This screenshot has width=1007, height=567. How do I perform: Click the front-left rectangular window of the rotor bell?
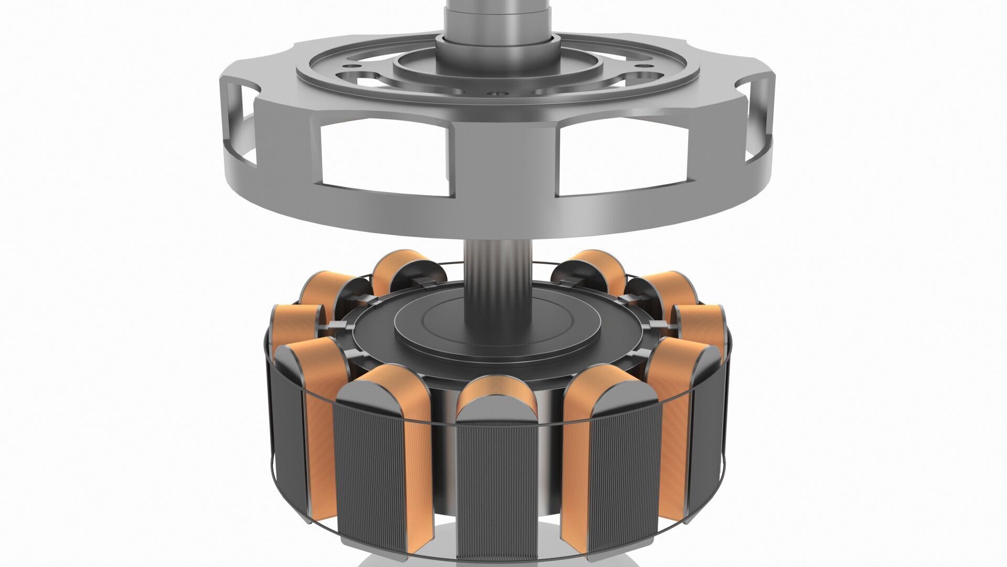(x=383, y=157)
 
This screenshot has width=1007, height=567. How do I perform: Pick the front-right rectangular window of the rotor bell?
(x=622, y=157)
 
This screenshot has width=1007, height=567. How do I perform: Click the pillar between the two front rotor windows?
(x=502, y=152)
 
